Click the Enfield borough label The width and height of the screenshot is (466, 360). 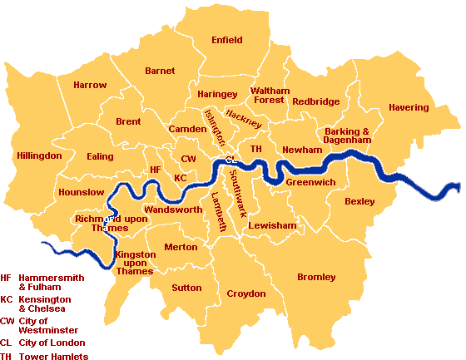(x=227, y=40)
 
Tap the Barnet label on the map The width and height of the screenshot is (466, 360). (x=160, y=72)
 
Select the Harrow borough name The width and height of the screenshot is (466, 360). (x=90, y=85)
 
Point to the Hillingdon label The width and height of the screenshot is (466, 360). (x=39, y=156)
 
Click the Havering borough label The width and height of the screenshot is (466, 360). (x=409, y=108)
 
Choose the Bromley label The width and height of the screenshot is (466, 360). (x=316, y=277)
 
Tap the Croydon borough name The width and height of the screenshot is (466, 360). (x=246, y=293)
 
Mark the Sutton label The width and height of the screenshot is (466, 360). (x=186, y=288)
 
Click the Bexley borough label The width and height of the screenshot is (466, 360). (x=359, y=201)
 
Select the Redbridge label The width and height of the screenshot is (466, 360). (x=315, y=101)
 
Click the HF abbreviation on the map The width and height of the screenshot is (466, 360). (x=154, y=170)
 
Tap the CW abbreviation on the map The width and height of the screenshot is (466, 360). (x=188, y=158)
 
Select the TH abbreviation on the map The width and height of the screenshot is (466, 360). (x=256, y=149)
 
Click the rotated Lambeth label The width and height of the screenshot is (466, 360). (x=218, y=207)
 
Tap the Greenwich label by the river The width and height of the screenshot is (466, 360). (x=310, y=182)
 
